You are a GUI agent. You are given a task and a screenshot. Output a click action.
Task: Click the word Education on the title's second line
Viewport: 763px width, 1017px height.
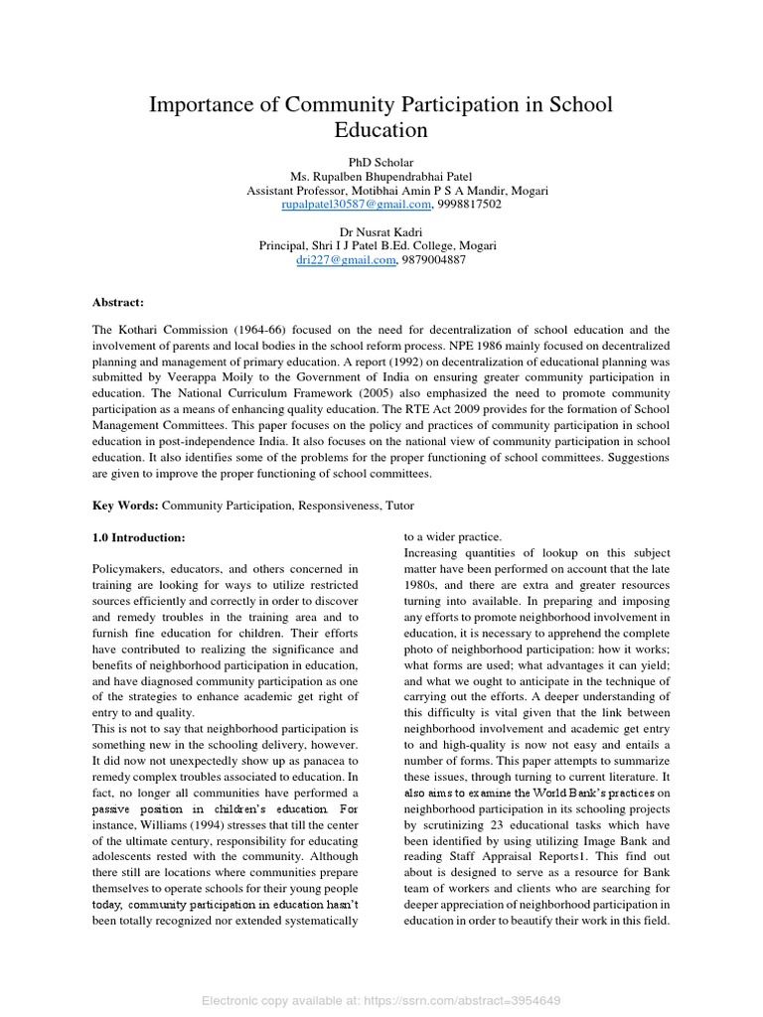pos(381,130)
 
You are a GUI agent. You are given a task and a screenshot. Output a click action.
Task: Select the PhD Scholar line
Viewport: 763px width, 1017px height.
pos(381,162)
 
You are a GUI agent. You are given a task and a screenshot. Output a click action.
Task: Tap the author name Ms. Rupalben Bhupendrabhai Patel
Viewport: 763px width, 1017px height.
pos(381,177)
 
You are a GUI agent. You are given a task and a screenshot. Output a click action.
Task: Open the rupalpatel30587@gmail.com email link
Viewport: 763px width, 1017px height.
pos(357,205)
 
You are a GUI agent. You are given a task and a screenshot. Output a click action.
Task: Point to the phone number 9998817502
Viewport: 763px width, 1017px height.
pos(470,205)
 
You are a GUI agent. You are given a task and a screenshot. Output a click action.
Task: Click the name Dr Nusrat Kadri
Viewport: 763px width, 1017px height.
pos(381,232)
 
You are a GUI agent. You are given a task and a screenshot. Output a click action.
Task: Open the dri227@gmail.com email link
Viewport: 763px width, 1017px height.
pos(346,260)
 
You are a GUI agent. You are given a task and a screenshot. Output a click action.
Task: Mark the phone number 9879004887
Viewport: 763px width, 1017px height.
pos(434,260)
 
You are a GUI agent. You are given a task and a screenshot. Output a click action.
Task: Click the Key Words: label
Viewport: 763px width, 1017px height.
pos(125,506)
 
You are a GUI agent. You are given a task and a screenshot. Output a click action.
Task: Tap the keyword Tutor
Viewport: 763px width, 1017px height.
pos(405,506)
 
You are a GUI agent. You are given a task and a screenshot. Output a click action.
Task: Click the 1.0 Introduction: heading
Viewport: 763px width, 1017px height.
pos(139,537)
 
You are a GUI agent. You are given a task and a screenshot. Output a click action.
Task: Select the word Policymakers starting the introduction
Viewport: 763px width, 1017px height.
pos(132,568)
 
